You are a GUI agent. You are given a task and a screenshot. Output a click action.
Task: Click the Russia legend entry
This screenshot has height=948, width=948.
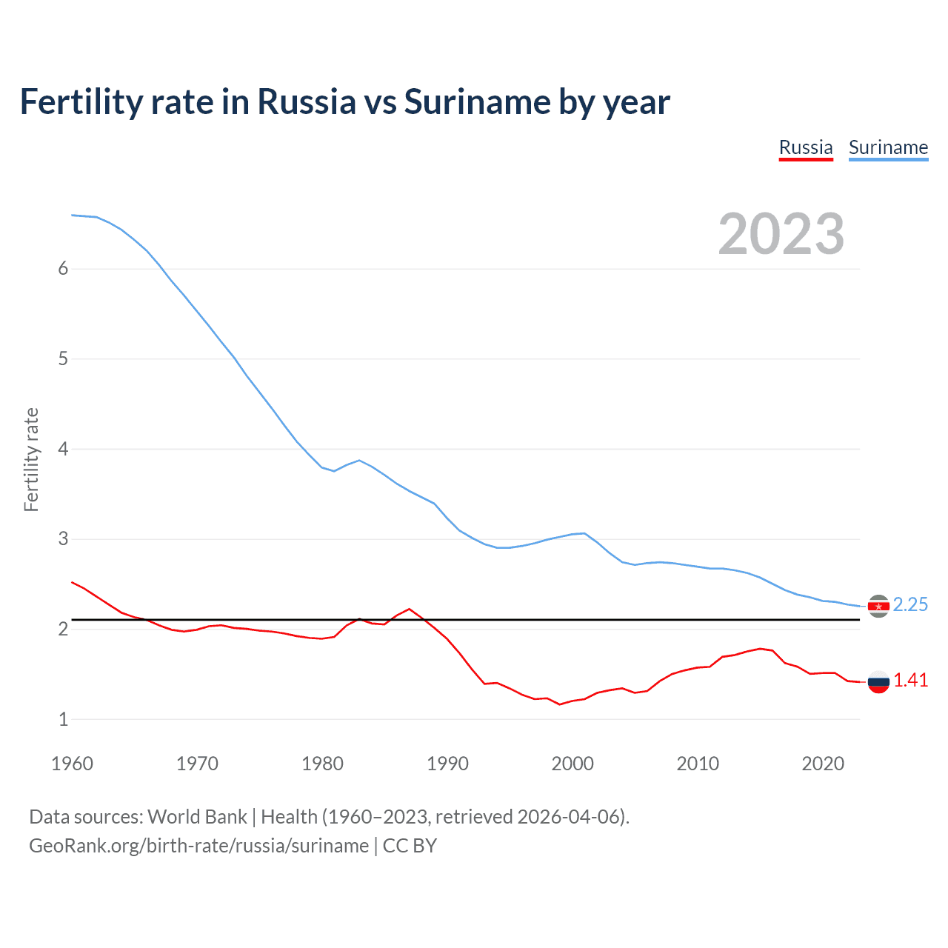point(806,147)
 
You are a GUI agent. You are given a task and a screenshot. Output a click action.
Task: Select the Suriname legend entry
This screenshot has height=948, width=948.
point(888,147)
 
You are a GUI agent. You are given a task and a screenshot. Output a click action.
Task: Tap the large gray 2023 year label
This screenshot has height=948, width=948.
point(781,234)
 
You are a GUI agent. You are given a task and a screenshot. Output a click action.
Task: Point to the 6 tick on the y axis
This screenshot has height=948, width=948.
point(63,269)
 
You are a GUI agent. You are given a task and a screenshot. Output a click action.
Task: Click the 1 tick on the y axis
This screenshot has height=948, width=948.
point(63,719)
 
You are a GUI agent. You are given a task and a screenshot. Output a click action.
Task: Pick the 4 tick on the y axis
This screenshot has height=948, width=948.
point(63,449)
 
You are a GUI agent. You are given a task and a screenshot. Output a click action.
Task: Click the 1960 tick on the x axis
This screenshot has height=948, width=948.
point(72,764)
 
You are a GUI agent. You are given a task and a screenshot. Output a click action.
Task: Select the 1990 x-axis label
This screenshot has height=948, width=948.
point(447,764)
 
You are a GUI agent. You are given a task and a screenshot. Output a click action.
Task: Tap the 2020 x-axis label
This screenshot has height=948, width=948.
point(823,764)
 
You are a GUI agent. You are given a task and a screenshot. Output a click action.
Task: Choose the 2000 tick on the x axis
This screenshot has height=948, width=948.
point(573,764)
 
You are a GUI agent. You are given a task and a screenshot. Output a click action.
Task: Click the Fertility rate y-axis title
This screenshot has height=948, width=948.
point(31,459)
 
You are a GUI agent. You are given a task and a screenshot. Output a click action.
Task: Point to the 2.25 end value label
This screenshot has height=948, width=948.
point(910,605)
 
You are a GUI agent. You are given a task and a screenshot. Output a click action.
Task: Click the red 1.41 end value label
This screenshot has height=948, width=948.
point(910,681)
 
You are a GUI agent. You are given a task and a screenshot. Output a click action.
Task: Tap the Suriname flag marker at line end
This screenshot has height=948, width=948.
point(878,607)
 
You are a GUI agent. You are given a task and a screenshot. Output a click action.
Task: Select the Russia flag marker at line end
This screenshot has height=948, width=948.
point(878,682)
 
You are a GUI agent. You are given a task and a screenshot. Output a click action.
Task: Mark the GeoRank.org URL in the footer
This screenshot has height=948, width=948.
point(198,846)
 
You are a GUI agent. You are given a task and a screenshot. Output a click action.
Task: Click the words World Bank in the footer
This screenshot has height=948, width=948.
point(197,817)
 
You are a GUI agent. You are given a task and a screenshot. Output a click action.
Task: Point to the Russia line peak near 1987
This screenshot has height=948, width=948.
point(410,609)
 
